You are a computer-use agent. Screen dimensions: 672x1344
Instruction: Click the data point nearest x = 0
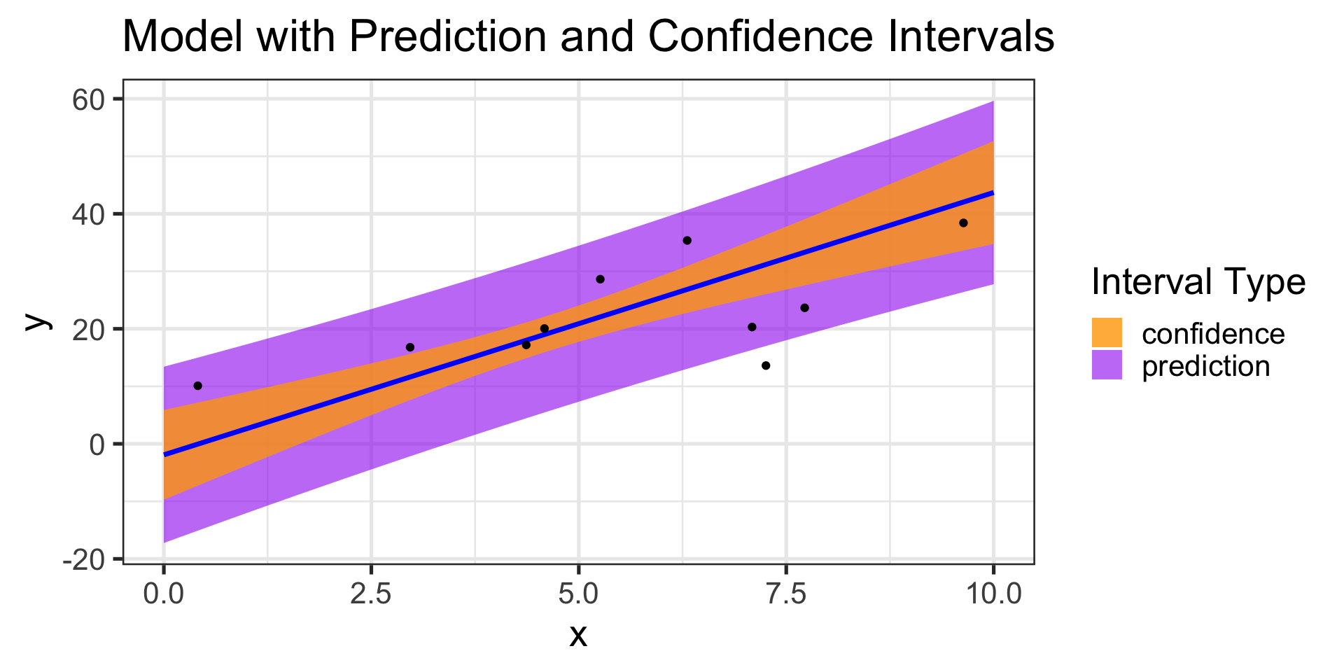197,386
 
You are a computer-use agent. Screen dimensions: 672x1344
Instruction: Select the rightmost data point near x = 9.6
963,223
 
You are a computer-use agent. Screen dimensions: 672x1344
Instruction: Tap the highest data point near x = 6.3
687,241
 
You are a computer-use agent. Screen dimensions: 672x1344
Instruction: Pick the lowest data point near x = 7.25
766,365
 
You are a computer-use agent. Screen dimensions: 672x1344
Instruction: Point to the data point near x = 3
410,347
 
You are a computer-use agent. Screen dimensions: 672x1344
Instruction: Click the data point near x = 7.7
804,308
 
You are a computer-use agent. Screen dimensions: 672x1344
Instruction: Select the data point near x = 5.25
600,279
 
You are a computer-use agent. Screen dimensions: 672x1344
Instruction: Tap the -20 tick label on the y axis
83,559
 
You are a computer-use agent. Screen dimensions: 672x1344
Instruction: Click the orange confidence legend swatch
1107,333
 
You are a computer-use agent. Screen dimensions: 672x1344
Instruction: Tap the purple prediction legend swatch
1107,365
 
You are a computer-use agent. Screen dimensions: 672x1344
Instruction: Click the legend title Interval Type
1198,283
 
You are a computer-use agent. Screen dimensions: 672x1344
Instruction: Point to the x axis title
578,636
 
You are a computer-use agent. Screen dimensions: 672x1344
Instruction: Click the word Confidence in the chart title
760,36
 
